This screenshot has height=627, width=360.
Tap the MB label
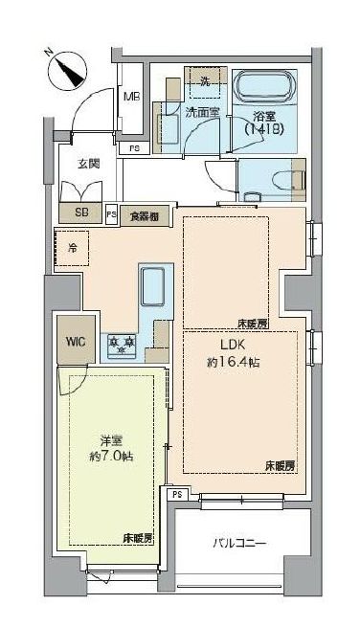pos(132,97)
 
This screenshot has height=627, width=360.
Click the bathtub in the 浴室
pos(266,92)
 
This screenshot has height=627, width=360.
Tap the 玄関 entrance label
pos(89,165)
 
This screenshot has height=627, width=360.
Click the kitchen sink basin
pos(153,286)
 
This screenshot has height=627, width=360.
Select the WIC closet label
pos(75,342)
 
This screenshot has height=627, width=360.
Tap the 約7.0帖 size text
pos(112,457)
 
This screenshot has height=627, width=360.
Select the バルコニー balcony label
pos(239,544)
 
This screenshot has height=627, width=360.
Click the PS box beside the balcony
pos(176,495)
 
